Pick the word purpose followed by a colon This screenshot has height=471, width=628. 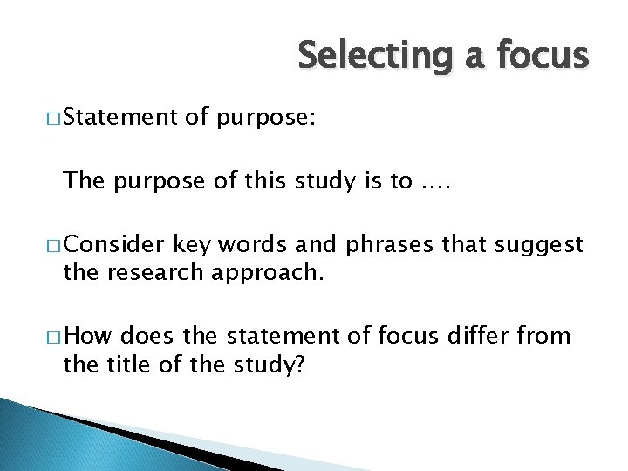coord(267,118)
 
